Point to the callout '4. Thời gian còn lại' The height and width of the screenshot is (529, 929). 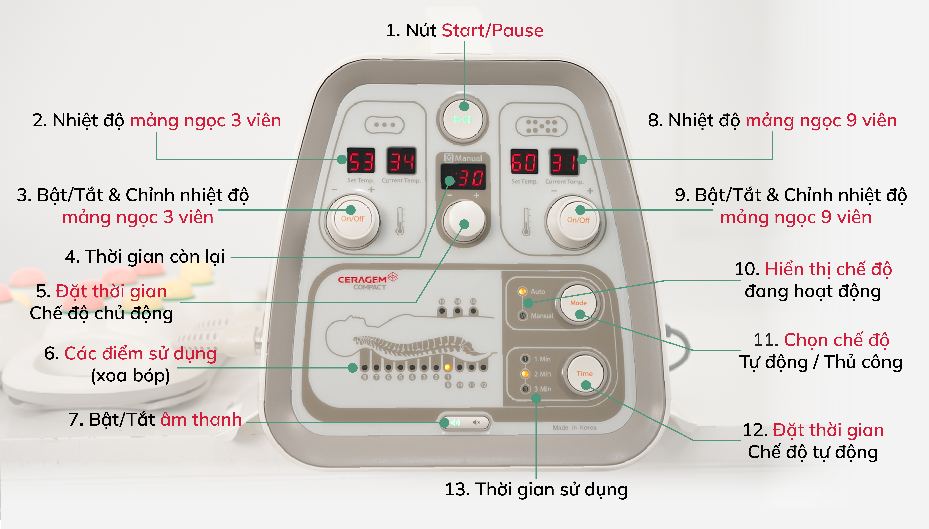pyautogui.click(x=145, y=257)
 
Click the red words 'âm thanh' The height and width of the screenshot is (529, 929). pyautogui.click(x=201, y=420)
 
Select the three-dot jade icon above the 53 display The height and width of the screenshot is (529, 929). pyautogui.click(x=385, y=125)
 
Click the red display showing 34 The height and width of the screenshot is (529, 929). pyautogui.click(x=401, y=160)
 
